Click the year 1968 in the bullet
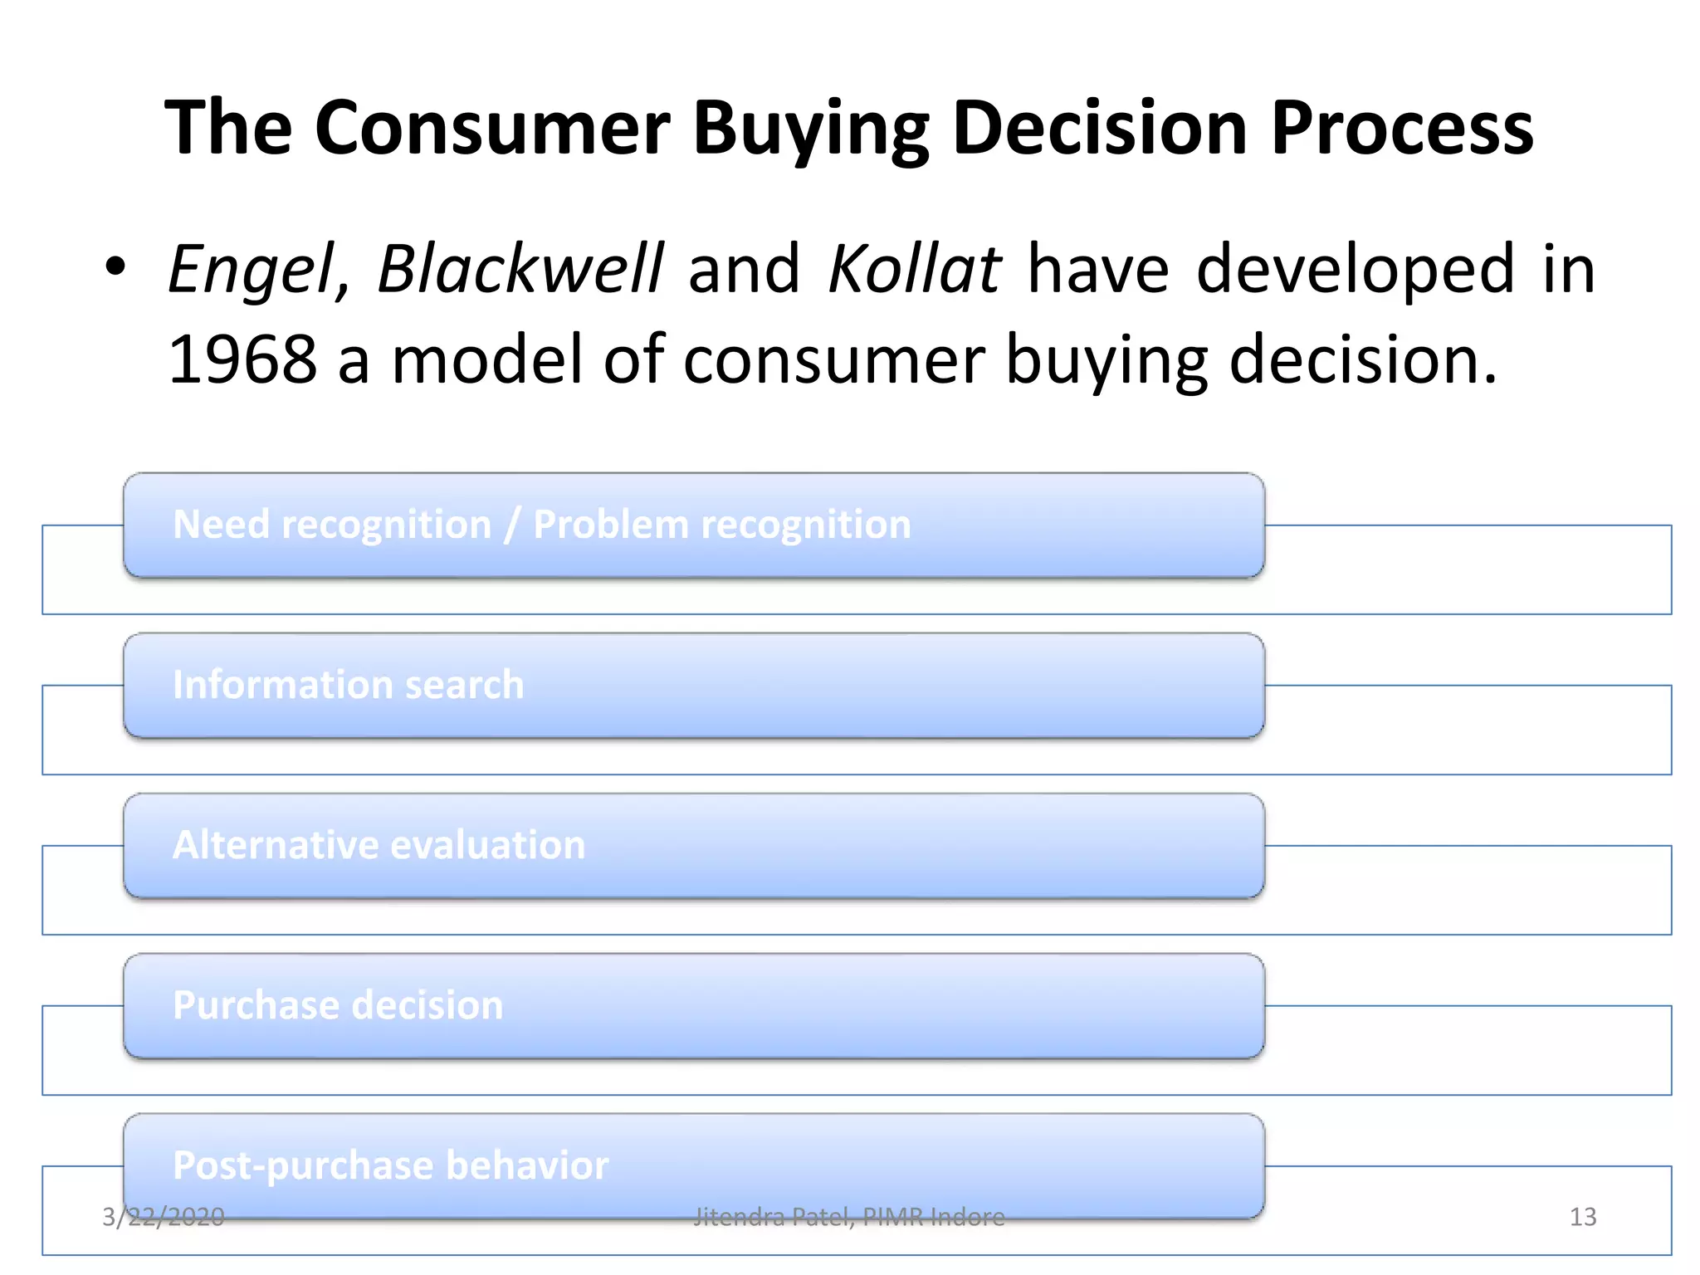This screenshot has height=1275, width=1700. (242, 359)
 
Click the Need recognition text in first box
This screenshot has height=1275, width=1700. (332, 525)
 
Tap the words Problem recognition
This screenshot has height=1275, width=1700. (721, 525)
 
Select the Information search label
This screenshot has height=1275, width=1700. (348, 685)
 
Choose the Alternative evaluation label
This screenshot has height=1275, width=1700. (379, 845)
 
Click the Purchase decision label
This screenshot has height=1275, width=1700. (338, 1005)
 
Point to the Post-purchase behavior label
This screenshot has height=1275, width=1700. (390, 1165)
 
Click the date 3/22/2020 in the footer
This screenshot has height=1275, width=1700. (163, 1217)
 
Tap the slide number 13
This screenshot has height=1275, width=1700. (1582, 1217)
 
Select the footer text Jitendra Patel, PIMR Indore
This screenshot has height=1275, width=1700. (848, 1217)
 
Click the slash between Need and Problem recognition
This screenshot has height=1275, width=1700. (512, 525)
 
